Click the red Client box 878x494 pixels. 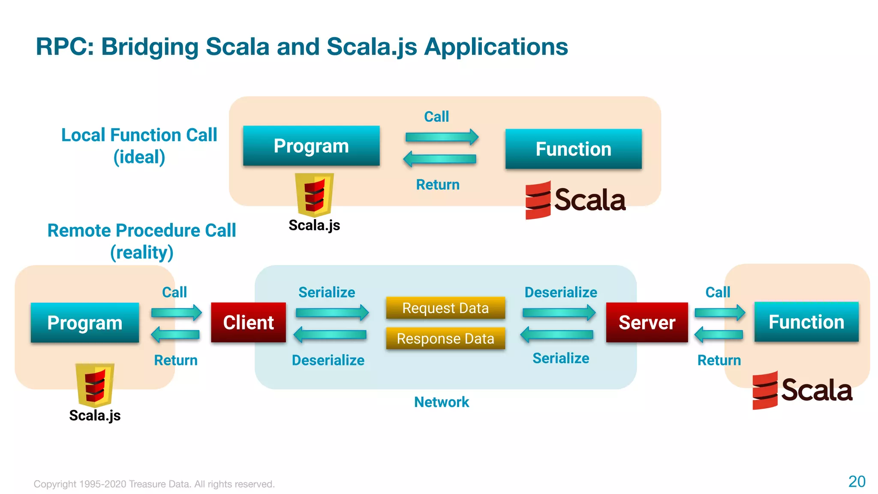(248, 322)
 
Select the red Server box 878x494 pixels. (646, 322)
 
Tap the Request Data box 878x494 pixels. (445, 308)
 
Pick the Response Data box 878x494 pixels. (445, 338)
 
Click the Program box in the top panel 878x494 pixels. (311, 146)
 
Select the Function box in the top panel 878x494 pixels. (573, 149)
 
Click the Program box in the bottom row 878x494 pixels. (85, 322)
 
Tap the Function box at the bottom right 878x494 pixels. (806, 322)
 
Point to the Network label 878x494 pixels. (442, 402)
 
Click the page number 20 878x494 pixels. (857, 481)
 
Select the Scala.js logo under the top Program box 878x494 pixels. (314, 194)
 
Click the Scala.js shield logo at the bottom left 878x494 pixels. (95, 385)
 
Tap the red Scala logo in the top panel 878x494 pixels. (538, 200)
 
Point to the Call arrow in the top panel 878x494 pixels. (442, 137)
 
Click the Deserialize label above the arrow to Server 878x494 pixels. (561, 292)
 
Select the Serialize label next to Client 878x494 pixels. (327, 292)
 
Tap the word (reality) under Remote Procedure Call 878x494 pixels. (142, 252)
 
